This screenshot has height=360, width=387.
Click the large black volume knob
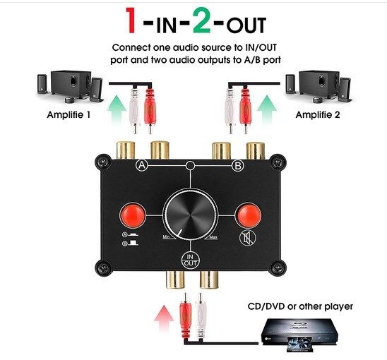click(x=191, y=215)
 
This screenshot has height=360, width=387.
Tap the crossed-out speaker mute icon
click(x=248, y=238)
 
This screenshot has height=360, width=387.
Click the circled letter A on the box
click(x=142, y=165)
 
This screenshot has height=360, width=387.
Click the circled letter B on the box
click(x=238, y=165)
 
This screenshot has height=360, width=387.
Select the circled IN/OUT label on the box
click(x=190, y=260)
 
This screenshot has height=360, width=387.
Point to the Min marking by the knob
click(x=167, y=237)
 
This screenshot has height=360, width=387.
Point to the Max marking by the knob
click(x=213, y=237)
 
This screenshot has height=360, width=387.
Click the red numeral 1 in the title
click(x=131, y=20)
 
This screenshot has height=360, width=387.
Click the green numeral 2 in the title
click(x=201, y=20)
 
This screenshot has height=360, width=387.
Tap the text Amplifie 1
click(x=69, y=115)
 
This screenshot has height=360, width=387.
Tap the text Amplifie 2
click(x=318, y=115)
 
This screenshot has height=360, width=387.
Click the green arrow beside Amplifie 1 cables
click(x=117, y=110)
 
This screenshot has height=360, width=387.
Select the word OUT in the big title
click(x=246, y=25)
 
